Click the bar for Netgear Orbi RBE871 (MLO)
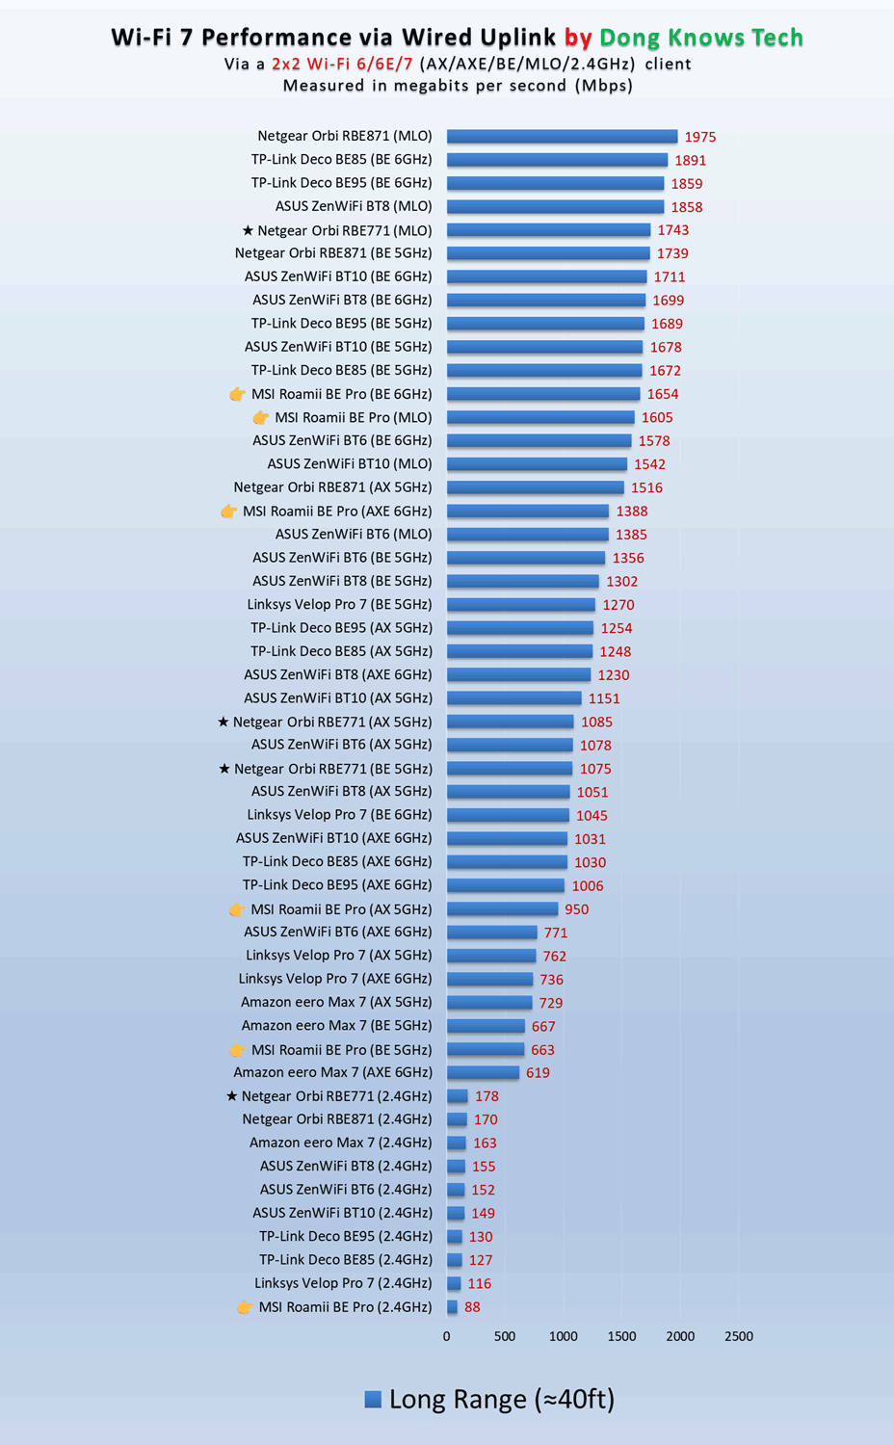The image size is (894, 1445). click(562, 137)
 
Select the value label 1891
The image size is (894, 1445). click(690, 161)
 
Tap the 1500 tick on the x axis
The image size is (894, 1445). click(621, 1336)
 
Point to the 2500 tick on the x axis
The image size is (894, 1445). click(739, 1336)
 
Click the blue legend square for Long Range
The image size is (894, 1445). click(373, 1400)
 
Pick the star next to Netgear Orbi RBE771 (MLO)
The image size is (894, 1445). click(248, 230)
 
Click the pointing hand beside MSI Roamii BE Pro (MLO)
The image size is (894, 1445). click(260, 417)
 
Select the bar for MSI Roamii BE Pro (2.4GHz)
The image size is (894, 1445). click(452, 1307)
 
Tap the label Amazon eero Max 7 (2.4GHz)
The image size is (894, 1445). click(340, 1143)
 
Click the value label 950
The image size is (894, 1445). click(576, 909)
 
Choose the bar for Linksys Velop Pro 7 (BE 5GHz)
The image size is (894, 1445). click(521, 605)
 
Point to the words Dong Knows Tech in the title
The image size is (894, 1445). click(700, 38)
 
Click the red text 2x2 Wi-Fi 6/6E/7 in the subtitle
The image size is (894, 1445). click(342, 65)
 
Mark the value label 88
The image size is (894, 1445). click(472, 1307)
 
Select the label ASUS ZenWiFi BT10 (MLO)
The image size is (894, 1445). click(350, 464)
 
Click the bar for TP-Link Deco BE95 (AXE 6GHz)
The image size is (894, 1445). click(506, 885)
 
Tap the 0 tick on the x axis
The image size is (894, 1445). click(446, 1336)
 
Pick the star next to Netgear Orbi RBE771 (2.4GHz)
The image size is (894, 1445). click(231, 1096)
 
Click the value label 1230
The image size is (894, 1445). click(614, 675)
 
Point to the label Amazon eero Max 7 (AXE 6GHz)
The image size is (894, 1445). click(332, 1072)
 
